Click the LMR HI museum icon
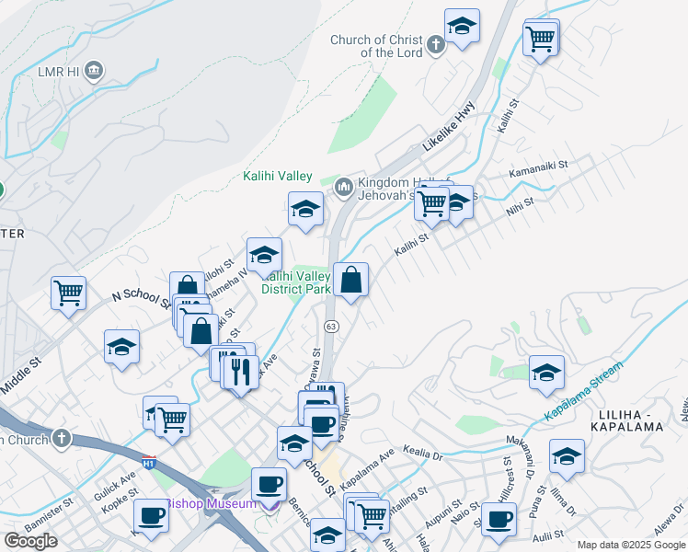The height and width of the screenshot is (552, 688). pyautogui.click(x=93, y=71)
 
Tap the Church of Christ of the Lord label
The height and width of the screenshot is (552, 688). pyautogui.click(x=377, y=46)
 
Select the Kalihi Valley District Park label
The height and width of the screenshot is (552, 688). pyautogui.click(x=296, y=282)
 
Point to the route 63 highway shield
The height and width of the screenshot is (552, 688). pyautogui.click(x=331, y=327)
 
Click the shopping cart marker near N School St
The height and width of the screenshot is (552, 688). pyautogui.click(x=68, y=293)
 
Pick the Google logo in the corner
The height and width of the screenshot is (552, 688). pyautogui.click(x=30, y=540)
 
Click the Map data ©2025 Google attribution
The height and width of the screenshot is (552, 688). pyautogui.click(x=630, y=545)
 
